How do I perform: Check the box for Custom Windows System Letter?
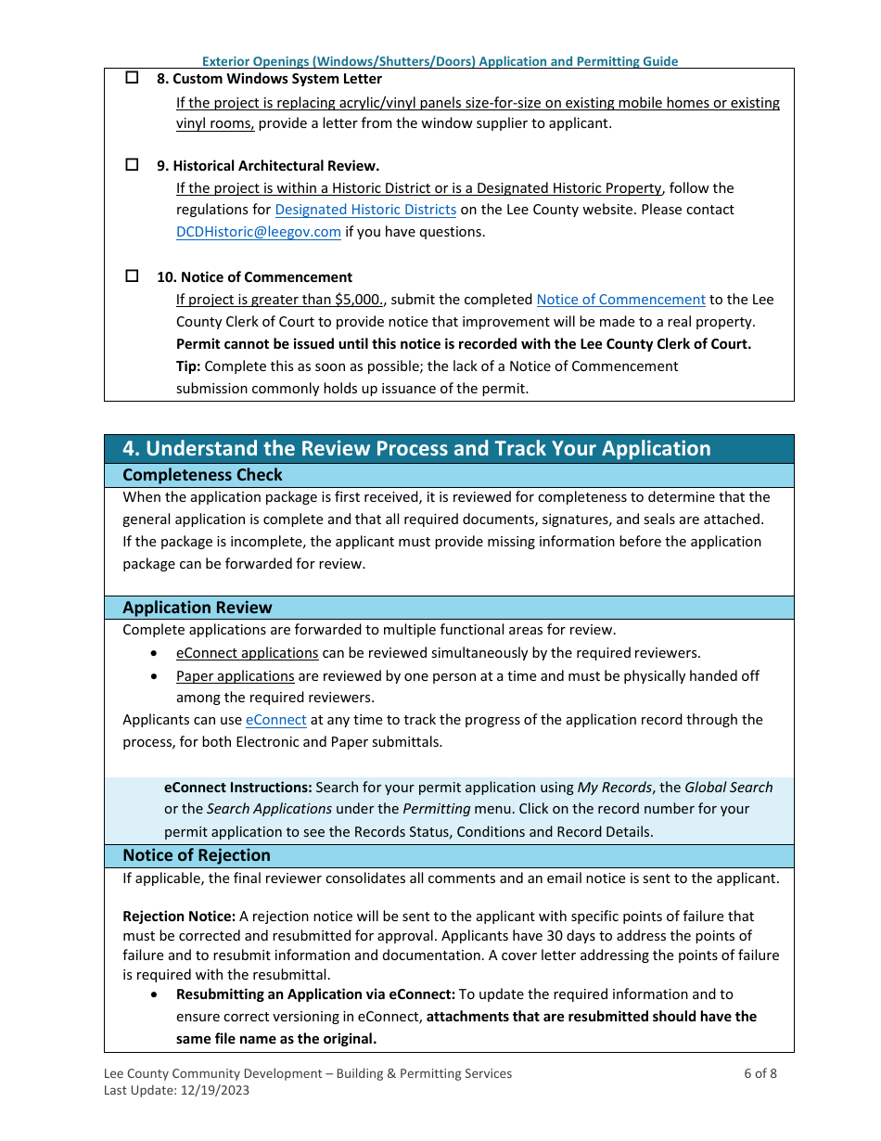click(132, 79)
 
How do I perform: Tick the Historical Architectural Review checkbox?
click(132, 165)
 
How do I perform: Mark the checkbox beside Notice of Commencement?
click(132, 276)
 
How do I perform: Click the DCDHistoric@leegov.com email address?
click(259, 232)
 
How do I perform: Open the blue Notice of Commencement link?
click(620, 300)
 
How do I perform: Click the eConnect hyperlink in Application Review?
click(275, 720)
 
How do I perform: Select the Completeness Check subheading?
click(202, 475)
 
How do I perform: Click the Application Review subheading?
click(198, 608)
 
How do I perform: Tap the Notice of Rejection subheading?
click(197, 855)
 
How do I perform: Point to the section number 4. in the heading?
click(131, 449)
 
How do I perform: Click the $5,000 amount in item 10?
click(360, 300)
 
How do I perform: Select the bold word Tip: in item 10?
click(188, 366)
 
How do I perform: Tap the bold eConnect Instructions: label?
click(237, 788)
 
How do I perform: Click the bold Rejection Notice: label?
click(179, 917)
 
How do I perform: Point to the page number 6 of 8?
click(760, 1073)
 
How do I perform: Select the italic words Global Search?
click(728, 788)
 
